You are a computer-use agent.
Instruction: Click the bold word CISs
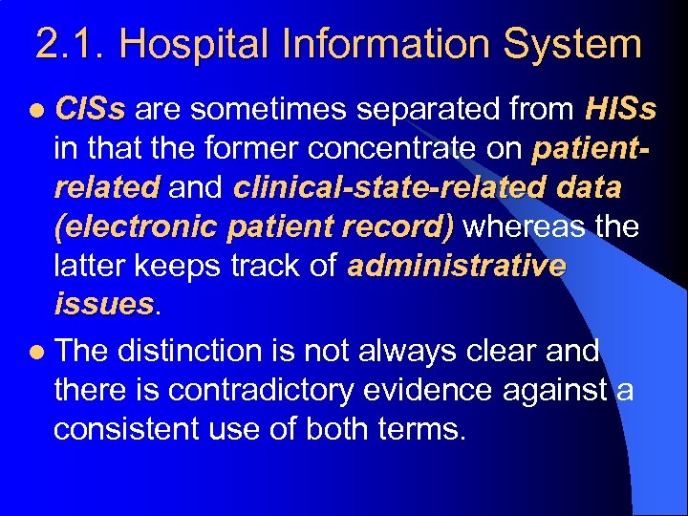(x=90, y=110)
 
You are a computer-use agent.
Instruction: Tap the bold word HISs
(x=620, y=110)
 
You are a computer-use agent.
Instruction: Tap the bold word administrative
(x=457, y=266)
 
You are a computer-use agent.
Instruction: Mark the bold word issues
(x=103, y=304)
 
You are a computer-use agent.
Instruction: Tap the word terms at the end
(x=416, y=429)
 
